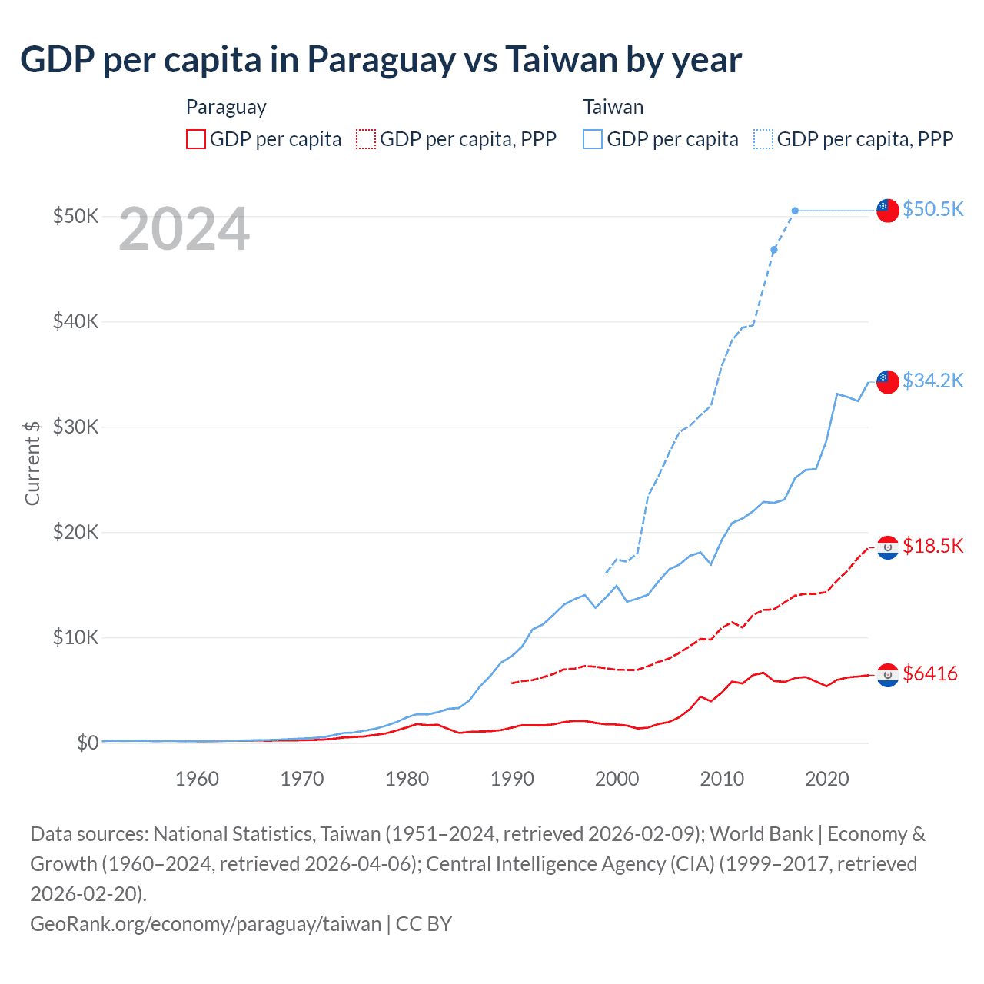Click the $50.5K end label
coord(932,209)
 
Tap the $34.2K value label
coord(932,381)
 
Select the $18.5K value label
coord(932,546)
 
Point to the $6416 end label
coord(929,673)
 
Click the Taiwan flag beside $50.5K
coord(888,210)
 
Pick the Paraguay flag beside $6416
coord(888,674)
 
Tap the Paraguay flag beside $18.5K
coord(888,547)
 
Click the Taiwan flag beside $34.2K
coord(888,381)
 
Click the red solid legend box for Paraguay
coord(196,139)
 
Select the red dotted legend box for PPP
coord(366,139)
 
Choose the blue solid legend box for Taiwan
coord(593,139)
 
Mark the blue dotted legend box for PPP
coord(763,139)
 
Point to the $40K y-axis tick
coord(75,321)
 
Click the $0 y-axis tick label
coord(88,743)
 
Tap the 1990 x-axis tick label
coord(512,779)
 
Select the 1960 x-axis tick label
coord(197,779)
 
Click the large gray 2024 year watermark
coord(184,229)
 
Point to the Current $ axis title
coord(32,463)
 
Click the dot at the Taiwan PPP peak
coord(795,211)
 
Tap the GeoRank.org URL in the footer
coord(205,923)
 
